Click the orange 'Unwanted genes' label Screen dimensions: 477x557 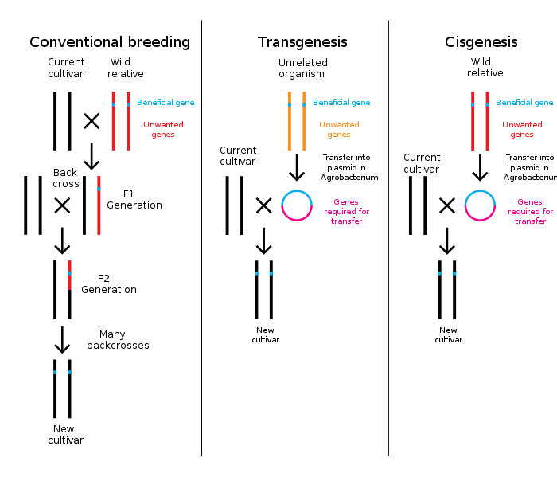pyautogui.click(x=339, y=130)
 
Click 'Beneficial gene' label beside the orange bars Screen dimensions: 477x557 pyautogui.click(x=341, y=103)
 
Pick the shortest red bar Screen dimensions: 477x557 pyautogui.click(x=69, y=275)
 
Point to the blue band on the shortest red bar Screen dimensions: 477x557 pyautogui.click(x=69, y=273)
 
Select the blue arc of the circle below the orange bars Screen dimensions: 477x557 pyautogui.click(x=297, y=192)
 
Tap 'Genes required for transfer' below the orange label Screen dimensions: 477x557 pyautogui.click(x=346, y=212)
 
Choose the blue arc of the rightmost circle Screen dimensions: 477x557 pyautogui.click(x=480, y=192)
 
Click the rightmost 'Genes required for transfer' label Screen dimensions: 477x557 pyautogui.click(x=530, y=212)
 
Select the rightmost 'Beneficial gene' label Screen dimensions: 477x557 pyautogui.click(x=524, y=103)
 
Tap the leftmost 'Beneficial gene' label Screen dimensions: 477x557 pyautogui.click(x=166, y=103)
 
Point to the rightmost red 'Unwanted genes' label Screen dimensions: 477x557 pyautogui.click(x=522, y=130)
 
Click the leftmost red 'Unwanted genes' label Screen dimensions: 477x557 pyautogui.click(x=163, y=130)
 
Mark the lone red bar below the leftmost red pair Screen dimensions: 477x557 pyautogui.click(x=99, y=205)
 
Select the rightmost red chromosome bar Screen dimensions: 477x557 pyautogui.click(x=487, y=121)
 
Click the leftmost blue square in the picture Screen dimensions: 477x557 pyautogui.click(x=55, y=372)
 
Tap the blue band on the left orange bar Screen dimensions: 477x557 pyautogui.click(x=289, y=104)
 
